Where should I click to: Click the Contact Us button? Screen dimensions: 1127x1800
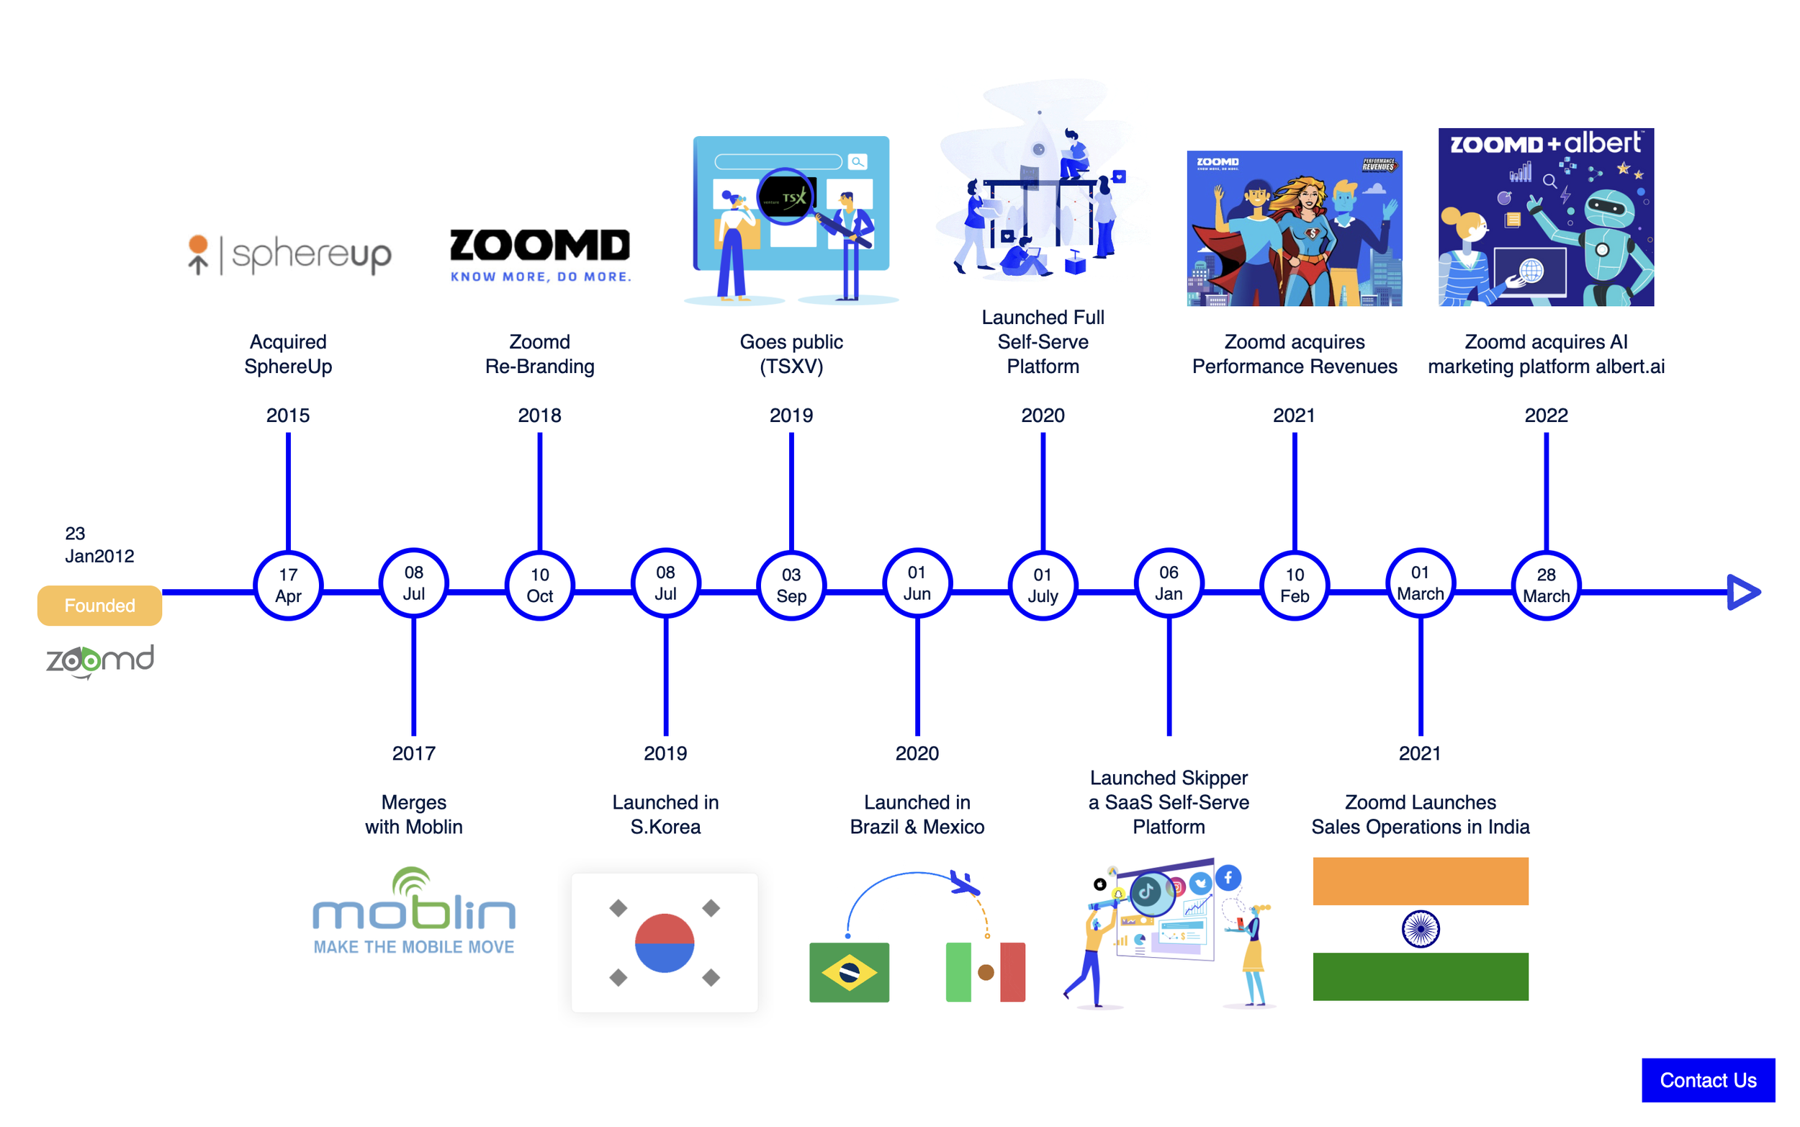tap(1707, 1079)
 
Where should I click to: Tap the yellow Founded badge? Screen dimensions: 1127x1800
tap(99, 604)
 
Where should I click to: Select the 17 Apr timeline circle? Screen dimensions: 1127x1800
tap(287, 585)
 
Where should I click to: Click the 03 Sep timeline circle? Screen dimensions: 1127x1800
tap(791, 585)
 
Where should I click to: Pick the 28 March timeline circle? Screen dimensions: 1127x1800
tap(1545, 585)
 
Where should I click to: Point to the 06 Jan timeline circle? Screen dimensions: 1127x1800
tap(1169, 583)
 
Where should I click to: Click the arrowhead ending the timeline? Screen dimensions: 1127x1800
tap(1742, 592)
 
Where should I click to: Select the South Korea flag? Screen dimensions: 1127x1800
tap(664, 942)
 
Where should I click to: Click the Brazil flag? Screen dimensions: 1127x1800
tap(849, 971)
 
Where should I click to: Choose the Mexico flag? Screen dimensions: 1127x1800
tap(985, 971)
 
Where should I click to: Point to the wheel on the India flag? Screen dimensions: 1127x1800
tap(1420, 929)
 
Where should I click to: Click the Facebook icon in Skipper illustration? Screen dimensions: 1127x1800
tap(1228, 877)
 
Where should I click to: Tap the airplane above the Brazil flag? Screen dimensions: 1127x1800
tap(964, 884)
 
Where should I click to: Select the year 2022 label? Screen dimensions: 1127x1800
tap(1545, 416)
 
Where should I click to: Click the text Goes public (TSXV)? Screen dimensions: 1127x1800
tap(791, 354)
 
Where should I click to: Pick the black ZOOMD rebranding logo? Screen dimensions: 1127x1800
tap(539, 246)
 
